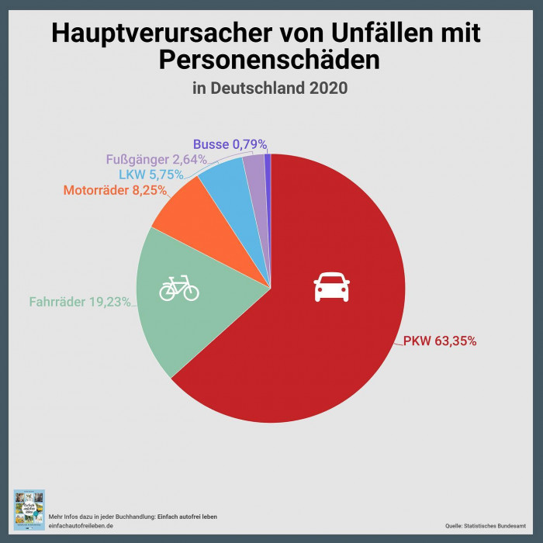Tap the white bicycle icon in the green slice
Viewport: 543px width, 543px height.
(x=179, y=289)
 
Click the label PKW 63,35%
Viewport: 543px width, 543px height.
(x=440, y=340)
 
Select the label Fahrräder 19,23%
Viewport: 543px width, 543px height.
(x=80, y=302)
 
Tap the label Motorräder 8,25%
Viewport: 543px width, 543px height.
(x=116, y=191)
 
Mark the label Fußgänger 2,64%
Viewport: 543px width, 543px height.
(x=156, y=159)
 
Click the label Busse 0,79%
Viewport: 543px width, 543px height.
(x=230, y=144)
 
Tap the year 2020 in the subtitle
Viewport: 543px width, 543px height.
(x=328, y=88)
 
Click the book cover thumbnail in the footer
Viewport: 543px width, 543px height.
(x=29, y=510)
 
